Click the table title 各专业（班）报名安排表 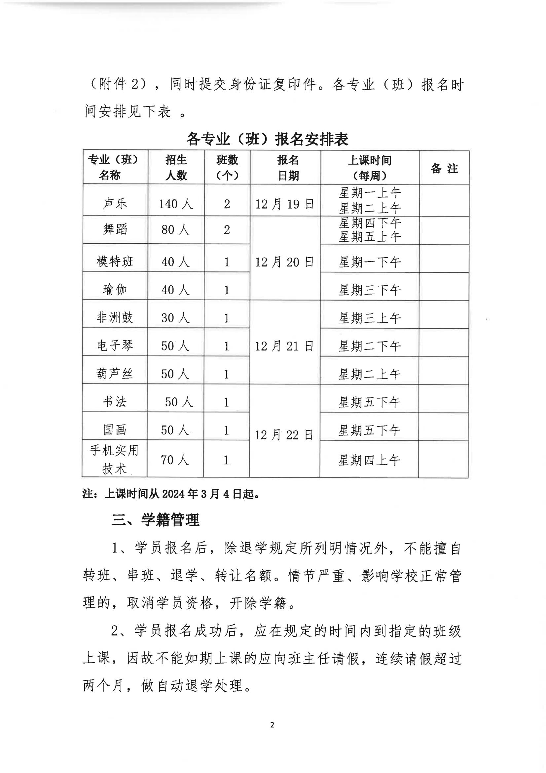click(268, 139)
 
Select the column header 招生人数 click(176, 167)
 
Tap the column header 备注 click(444, 168)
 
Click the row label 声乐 click(115, 203)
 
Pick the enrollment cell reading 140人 click(176, 204)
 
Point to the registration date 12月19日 click(285, 204)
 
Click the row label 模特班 click(115, 262)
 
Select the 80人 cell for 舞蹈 click(175, 229)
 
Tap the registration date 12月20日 click(285, 262)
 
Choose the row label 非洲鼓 click(115, 317)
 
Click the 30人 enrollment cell click(175, 318)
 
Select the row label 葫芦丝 click(115, 374)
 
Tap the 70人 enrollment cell click(175, 460)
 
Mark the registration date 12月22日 click(284, 435)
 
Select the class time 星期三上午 click(369, 318)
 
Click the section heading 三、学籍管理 click(156, 520)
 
